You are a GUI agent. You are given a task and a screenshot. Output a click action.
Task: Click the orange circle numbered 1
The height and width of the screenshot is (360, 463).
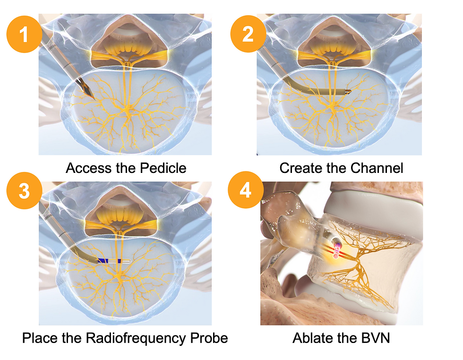24,34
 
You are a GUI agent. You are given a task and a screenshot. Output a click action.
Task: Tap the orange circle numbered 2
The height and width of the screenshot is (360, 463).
249,34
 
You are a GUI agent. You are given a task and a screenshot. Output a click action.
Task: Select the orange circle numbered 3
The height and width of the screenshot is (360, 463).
24,190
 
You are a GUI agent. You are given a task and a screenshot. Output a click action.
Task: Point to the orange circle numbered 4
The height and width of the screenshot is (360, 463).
246,190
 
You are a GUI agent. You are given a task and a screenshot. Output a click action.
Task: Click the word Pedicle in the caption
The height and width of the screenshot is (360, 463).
163,168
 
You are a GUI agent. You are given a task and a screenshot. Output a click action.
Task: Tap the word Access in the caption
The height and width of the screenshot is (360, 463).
89,168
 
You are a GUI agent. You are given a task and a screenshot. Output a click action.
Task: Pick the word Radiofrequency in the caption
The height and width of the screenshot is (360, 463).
136,338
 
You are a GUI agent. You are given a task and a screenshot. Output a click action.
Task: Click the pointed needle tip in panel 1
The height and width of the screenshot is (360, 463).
94,99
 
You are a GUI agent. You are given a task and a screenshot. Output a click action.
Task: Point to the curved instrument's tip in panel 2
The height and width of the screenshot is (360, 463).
351,91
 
